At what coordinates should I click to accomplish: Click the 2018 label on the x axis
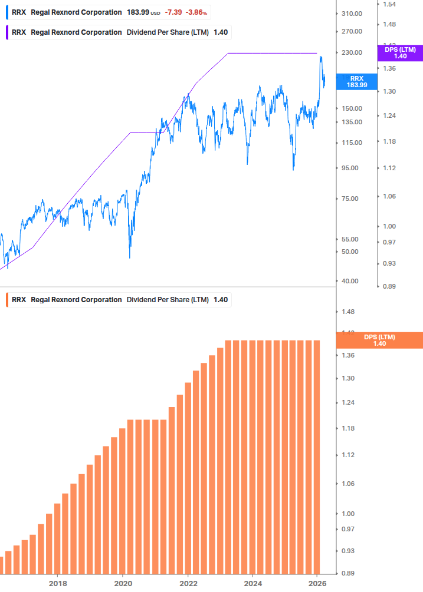[57, 583]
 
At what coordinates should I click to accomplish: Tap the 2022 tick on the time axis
[188, 583]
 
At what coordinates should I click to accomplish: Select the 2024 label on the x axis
[253, 583]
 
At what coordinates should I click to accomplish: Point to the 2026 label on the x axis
[317, 583]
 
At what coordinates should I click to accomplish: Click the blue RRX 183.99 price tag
[356, 81]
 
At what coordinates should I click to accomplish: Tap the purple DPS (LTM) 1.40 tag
[399, 53]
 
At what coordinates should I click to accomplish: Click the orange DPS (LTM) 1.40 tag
[379, 340]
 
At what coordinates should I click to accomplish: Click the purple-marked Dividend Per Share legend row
[118, 32]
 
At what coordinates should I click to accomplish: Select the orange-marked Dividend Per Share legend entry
[118, 299]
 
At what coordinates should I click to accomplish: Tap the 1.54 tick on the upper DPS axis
[389, 4]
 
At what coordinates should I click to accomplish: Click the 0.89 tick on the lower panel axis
[348, 573]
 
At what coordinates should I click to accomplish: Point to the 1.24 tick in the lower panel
[348, 403]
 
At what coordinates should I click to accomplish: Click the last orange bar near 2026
[316, 457]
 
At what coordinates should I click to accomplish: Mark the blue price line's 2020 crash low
[129, 257]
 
